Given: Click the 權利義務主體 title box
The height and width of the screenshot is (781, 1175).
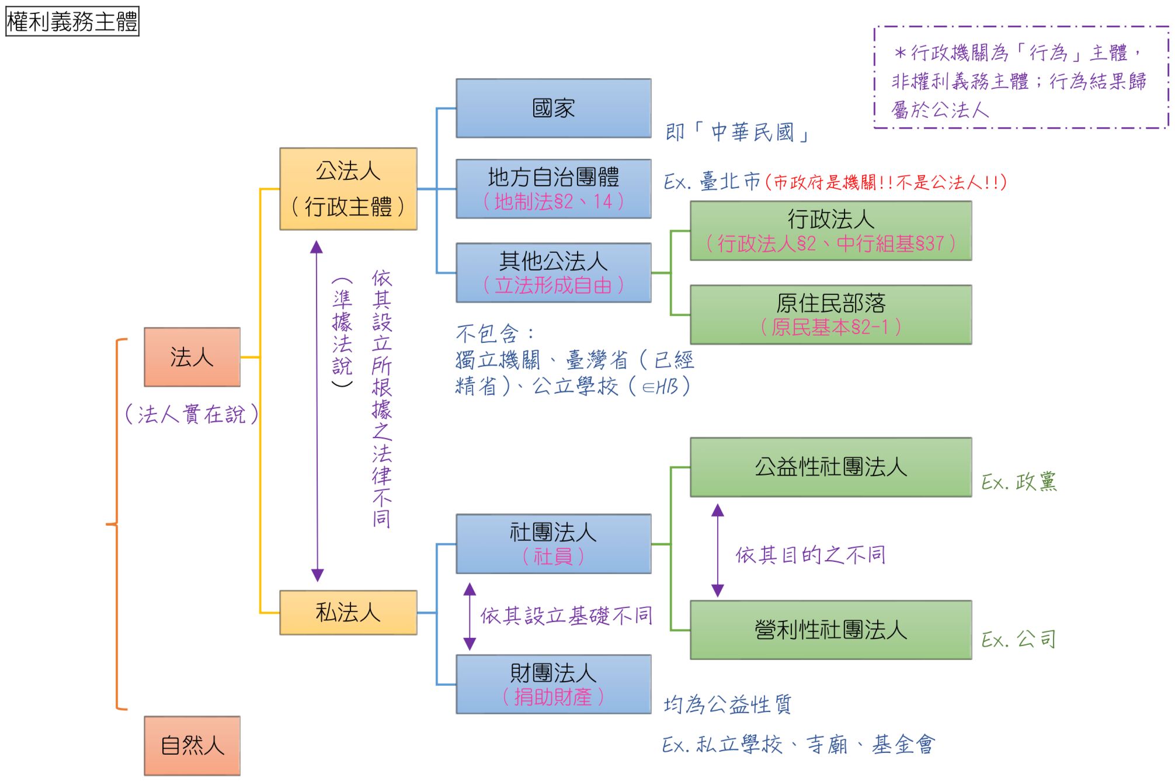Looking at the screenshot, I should (x=72, y=22).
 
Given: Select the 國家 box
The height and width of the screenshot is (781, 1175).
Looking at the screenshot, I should (x=553, y=108).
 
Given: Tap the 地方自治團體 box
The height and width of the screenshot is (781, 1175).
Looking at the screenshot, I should (x=553, y=189).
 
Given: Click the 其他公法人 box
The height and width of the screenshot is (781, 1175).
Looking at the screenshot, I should (x=553, y=272).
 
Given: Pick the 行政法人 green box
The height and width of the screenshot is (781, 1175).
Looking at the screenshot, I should (x=830, y=231).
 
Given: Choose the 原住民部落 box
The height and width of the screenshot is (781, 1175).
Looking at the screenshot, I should (x=830, y=314).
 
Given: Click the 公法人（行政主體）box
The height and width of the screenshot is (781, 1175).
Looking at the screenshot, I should (x=348, y=189).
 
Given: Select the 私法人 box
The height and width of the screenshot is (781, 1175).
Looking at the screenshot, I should (x=348, y=612).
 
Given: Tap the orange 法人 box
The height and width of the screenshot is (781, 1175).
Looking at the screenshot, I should (x=192, y=357).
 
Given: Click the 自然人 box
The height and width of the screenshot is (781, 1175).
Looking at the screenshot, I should (x=192, y=745).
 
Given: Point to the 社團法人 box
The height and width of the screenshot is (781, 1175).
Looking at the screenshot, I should (x=553, y=543).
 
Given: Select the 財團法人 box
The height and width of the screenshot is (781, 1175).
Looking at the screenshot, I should (x=553, y=684).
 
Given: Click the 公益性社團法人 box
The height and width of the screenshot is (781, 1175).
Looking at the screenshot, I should (x=830, y=467).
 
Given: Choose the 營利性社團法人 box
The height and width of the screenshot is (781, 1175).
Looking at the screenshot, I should (x=830, y=630).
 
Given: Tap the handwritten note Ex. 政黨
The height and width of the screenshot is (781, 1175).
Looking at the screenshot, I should (x=1018, y=482).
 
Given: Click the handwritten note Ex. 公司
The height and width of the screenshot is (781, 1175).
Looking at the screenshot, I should (x=1018, y=639).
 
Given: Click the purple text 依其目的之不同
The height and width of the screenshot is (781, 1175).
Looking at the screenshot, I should (x=810, y=554).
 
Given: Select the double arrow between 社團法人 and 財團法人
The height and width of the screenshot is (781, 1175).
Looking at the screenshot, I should (x=470, y=616).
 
